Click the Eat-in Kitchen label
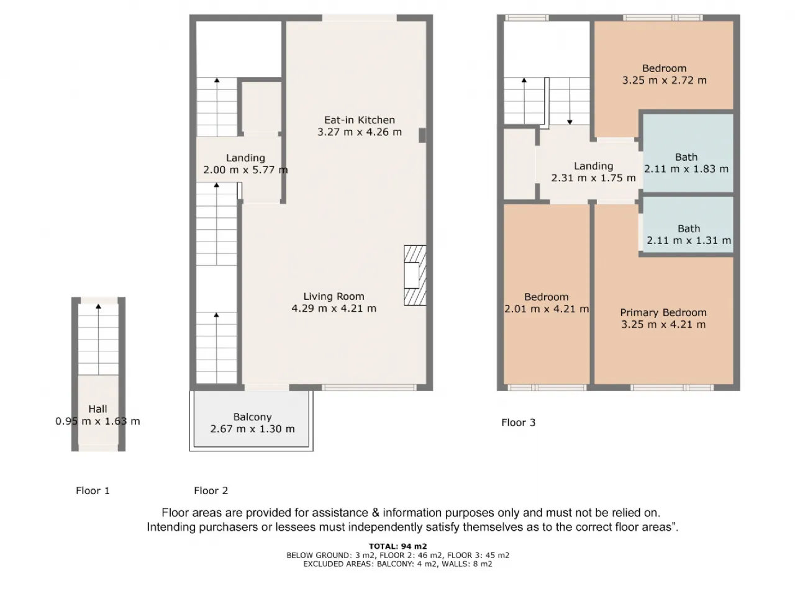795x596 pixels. click(x=359, y=120)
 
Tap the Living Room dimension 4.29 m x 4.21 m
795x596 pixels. click(x=334, y=309)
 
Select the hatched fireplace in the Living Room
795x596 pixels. click(x=415, y=276)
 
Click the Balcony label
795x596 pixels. click(x=252, y=417)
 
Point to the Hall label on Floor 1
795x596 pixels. click(x=98, y=409)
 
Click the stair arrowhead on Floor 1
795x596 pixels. click(x=98, y=307)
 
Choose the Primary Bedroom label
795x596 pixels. click(x=663, y=312)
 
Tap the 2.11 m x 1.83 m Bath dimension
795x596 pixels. click(x=686, y=169)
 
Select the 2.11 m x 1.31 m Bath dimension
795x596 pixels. click(x=689, y=240)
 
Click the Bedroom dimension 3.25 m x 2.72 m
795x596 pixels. click(x=664, y=80)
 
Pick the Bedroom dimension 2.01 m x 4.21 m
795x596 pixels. click(x=546, y=309)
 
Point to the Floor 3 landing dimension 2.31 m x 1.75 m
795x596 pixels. click(x=593, y=178)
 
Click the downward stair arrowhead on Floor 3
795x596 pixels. click(x=570, y=122)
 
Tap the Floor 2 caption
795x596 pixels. click(x=211, y=490)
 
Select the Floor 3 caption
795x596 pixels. click(x=518, y=423)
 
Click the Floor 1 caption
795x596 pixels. click(x=93, y=490)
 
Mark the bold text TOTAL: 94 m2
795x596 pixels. click(x=397, y=546)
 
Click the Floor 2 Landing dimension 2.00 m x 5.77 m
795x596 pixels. click(x=245, y=169)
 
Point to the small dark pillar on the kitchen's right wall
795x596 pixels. click(x=422, y=135)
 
